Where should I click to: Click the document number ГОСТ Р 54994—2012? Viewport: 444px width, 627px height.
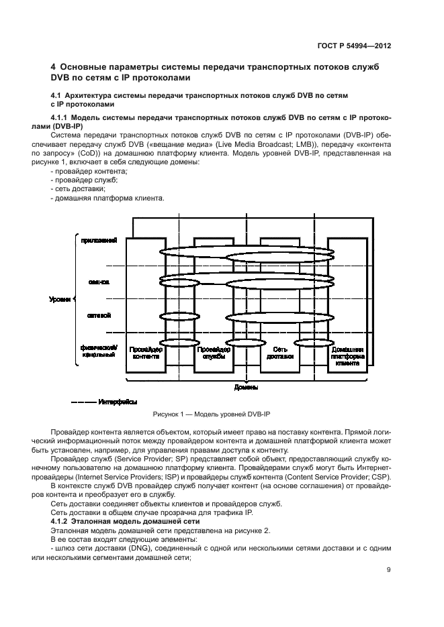pyautogui.click(x=363, y=47)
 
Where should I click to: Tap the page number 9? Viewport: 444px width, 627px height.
pyautogui.click(x=389, y=570)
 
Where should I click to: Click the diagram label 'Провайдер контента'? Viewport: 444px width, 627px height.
pyautogui.click(x=146, y=353)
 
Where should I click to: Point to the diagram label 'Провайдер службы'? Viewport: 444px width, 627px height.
pyautogui.click(x=214, y=353)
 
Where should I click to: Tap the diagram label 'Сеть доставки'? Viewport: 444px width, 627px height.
pyautogui.click(x=280, y=353)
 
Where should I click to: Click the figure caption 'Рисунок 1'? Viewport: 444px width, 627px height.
pyautogui.click(x=175, y=416)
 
